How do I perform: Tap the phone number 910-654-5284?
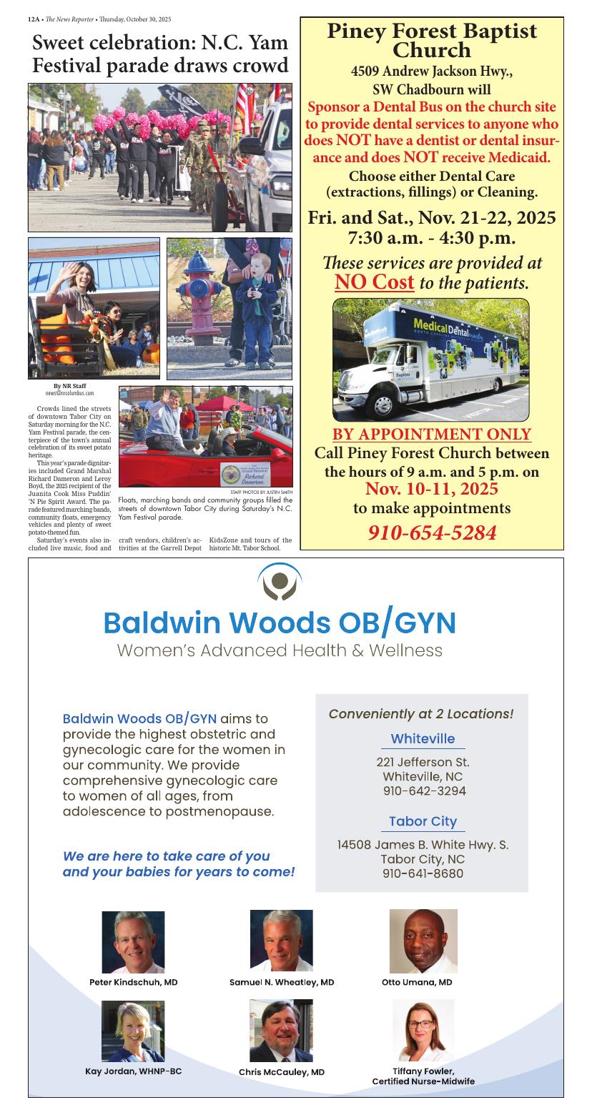pos(432,532)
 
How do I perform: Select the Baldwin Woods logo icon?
pos(280,581)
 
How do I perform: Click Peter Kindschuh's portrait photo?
pos(133,941)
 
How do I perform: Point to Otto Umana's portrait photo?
pos(423,941)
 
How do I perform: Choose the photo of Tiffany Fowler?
pos(423,1030)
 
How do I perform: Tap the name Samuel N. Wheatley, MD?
pos(282,982)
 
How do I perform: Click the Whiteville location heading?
pos(423,738)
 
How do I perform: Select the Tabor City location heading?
pos(423,821)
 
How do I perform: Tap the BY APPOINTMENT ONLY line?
pos(432,434)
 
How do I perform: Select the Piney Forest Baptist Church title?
pos(432,41)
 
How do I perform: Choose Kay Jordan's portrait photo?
pos(133,1030)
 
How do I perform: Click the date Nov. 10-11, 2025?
pos(432,490)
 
